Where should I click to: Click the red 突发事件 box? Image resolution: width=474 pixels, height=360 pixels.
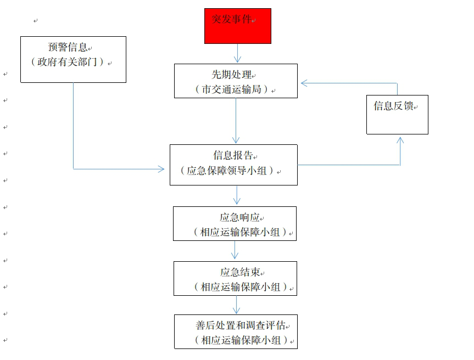click(x=238, y=26)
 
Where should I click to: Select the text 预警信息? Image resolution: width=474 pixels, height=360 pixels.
click(x=68, y=48)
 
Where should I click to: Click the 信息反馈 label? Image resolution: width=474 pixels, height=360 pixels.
click(x=393, y=106)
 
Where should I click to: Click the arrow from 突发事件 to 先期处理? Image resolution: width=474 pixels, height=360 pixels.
click(x=238, y=53)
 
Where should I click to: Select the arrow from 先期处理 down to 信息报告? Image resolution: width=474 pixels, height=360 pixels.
click(x=236, y=121)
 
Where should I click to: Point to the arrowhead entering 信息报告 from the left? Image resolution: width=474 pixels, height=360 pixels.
click(x=161, y=169)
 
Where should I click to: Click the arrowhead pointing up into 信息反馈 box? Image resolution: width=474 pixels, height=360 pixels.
click(x=400, y=140)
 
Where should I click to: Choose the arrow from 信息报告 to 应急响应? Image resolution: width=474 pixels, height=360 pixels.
click(x=236, y=195)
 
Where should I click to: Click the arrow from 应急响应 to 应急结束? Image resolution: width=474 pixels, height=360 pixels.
click(x=235, y=251)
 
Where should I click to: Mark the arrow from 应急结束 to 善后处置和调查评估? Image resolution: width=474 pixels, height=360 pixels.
click(x=237, y=305)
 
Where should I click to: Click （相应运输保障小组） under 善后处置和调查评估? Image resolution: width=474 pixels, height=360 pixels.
click(x=241, y=340)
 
